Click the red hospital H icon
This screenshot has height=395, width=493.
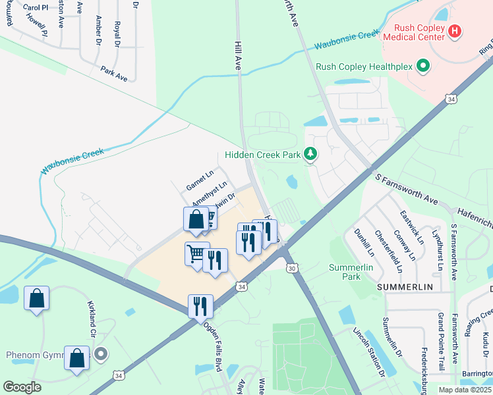(454, 31)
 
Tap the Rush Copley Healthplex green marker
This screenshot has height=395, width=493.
(423, 66)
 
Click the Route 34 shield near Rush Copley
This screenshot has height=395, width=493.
(451, 99)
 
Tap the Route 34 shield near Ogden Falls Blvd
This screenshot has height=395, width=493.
(242, 287)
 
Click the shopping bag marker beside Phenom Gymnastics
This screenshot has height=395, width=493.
(77, 359)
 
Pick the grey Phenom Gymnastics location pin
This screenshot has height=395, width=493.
(100, 355)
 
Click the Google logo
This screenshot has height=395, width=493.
(22, 387)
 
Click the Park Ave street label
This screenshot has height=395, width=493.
(114, 73)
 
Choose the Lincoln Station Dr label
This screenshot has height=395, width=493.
(368, 352)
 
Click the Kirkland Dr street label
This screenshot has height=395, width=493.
(92, 320)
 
